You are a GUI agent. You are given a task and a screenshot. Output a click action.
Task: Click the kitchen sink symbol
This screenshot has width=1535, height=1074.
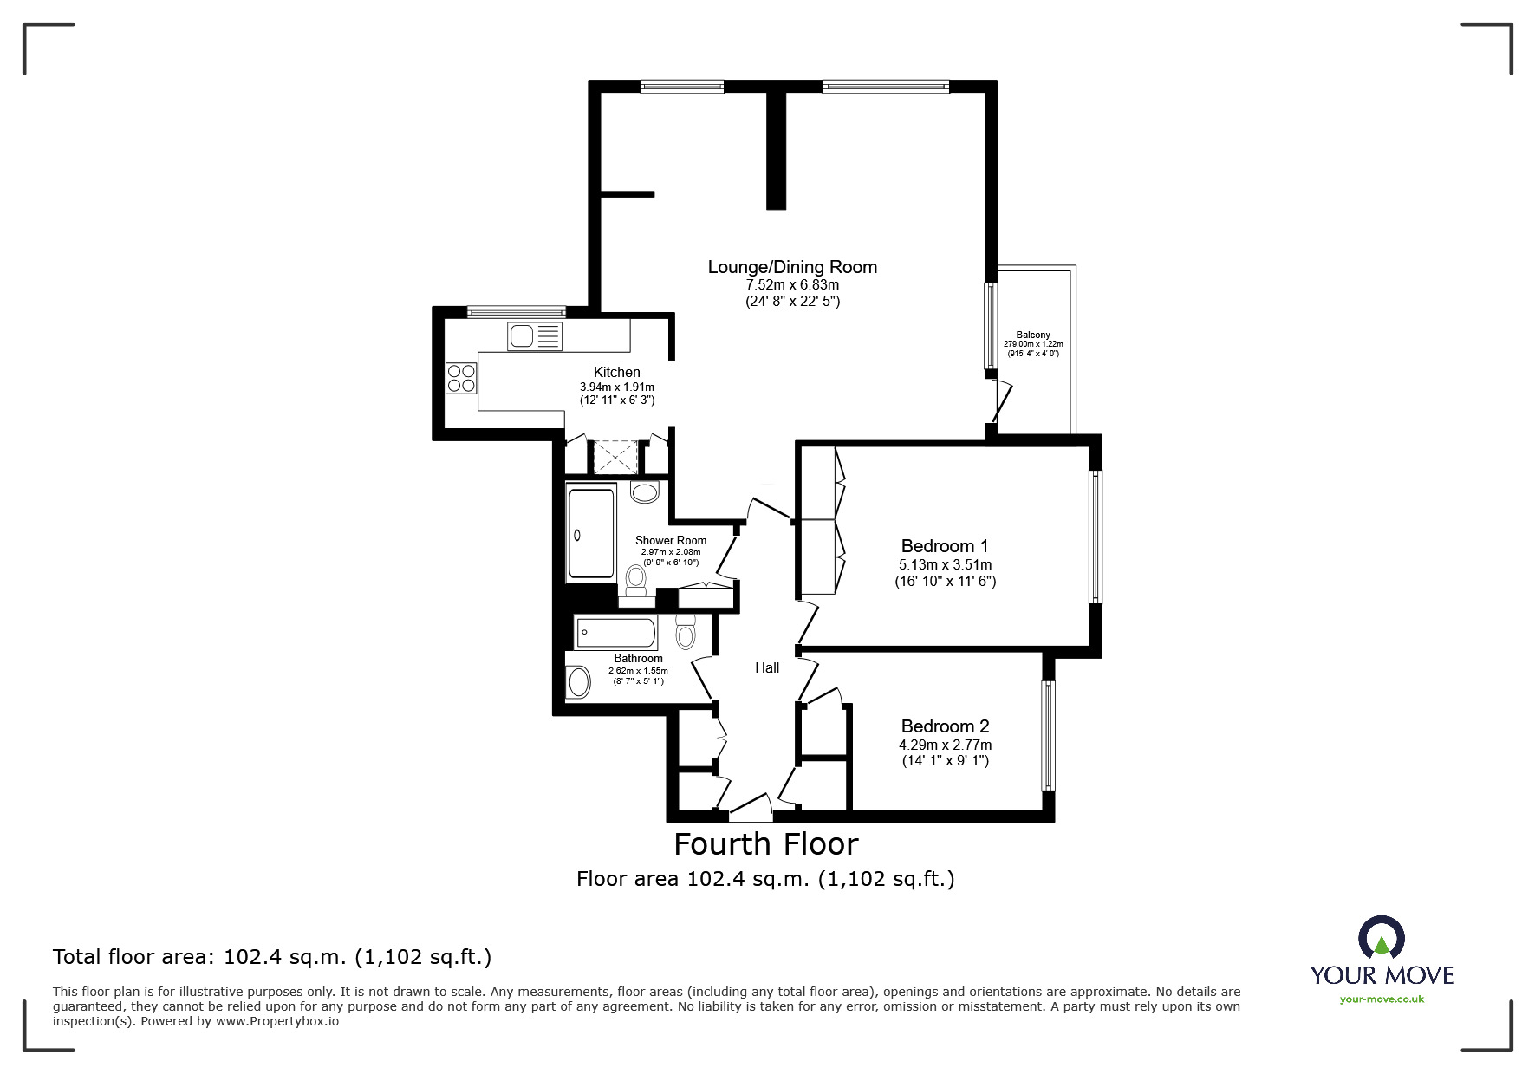pyautogui.click(x=535, y=335)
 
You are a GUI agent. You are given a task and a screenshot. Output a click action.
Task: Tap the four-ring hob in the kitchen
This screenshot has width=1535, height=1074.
pyautogui.click(x=460, y=377)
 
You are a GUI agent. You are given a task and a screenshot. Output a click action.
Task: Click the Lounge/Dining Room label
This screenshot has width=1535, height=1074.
pyautogui.click(x=792, y=267)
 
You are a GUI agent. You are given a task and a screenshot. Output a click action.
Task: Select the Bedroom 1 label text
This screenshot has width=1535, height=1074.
pyautogui.click(x=944, y=546)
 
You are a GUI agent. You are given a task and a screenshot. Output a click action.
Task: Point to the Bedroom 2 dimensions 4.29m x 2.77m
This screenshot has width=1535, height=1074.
pyautogui.click(x=945, y=745)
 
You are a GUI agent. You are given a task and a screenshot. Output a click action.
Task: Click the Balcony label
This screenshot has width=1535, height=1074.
pyautogui.click(x=1033, y=335)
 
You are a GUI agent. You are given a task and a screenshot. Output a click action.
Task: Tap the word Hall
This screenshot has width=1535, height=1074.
pyautogui.click(x=767, y=667)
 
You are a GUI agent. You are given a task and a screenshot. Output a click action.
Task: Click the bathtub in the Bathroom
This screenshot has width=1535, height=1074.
pyautogui.click(x=615, y=633)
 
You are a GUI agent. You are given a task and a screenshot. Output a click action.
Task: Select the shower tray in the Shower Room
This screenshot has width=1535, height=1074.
pyautogui.click(x=590, y=534)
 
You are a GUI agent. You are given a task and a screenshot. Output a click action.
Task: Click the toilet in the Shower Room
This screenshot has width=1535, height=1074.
pyautogui.click(x=637, y=579)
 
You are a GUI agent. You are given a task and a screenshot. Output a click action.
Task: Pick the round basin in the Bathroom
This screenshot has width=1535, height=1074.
pyautogui.click(x=578, y=682)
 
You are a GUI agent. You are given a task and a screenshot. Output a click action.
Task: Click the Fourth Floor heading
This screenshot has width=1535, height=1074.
pyautogui.click(x=766, y=843)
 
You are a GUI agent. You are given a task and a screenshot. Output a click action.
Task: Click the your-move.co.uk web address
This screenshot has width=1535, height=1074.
pyautogui.click(x=1382, y=999)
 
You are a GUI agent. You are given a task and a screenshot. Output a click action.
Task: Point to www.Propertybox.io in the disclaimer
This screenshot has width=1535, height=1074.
pyautogui.click(x=277, y=1021)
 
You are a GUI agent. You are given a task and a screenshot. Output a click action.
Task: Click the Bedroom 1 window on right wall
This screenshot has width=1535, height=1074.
pyautogui.click(x=1096, y=537)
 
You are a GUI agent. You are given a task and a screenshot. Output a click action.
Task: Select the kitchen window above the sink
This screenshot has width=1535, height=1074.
pyautogui.click(x=516, y=311)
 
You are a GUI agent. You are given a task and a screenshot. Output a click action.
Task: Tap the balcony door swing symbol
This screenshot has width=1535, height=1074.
pyautogui.click(x=1002, y=401)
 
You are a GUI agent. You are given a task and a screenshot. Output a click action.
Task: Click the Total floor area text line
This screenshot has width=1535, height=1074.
pyautogui.click(x=272, y=957)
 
